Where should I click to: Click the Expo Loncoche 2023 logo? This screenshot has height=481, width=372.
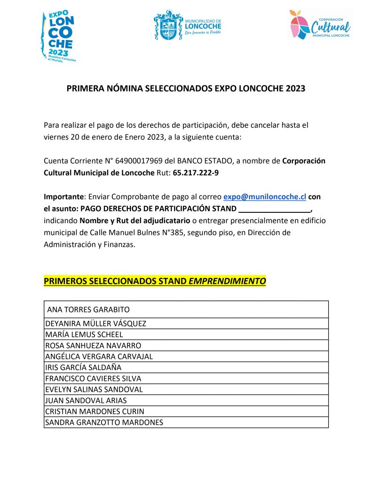pos(59,36)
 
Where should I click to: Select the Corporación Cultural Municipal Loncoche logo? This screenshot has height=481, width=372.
pos(320,24)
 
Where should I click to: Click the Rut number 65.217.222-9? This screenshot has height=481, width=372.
pos(196,172)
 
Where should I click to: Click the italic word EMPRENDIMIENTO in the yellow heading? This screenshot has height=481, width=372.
pos(227,281)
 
